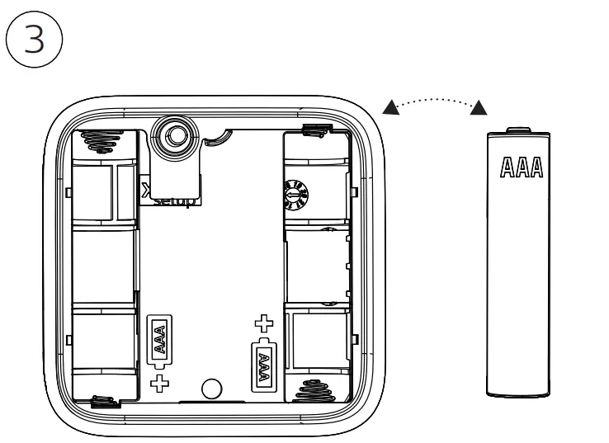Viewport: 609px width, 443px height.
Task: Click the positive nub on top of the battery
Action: coord(517,129)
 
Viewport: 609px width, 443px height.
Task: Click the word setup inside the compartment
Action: coord(174,200)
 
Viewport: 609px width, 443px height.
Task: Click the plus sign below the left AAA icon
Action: coord(160,380)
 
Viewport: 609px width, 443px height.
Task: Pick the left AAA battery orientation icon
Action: coord(160,339)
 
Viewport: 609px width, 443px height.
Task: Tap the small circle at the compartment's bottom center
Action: coord(211,387)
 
